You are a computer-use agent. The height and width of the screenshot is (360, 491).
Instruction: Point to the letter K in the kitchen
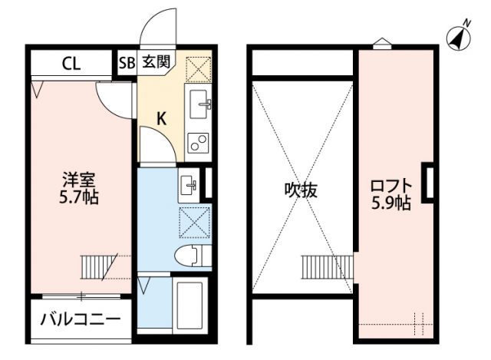tap(162, 118)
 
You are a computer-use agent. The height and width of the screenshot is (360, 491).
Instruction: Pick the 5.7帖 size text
tap(79, 197)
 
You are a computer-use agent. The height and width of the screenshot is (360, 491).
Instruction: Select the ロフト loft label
tap(391, 186)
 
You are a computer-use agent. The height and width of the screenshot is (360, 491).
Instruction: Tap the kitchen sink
tap(199, 101)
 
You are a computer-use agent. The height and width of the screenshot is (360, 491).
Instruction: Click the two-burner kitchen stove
tap(199, 142)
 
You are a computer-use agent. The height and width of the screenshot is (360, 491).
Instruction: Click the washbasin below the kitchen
tap(188, 183)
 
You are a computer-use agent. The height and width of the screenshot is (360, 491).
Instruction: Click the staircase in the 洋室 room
tap(95, 267)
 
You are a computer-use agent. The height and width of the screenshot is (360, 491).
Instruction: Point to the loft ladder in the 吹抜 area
tap(316, 267)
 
